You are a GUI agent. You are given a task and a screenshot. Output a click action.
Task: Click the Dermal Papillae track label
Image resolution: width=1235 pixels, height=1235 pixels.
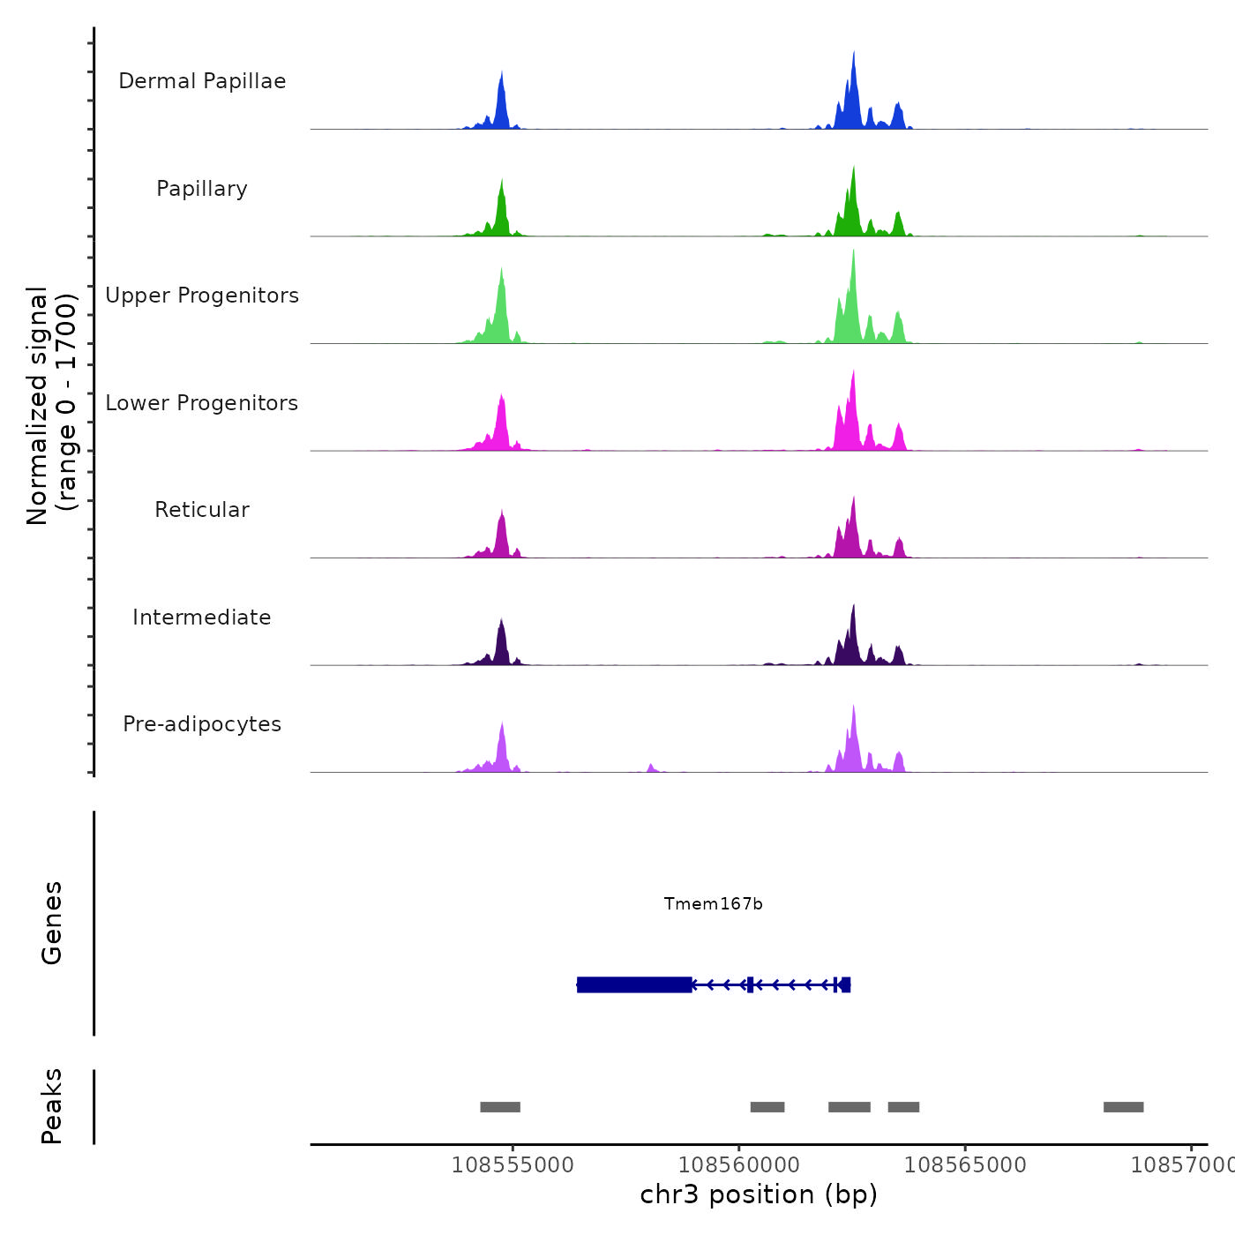pyautogui.click(x=202, y=81)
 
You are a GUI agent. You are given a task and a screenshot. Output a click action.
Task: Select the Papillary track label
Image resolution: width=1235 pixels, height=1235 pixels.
pyautogui.click(x=202, y=189)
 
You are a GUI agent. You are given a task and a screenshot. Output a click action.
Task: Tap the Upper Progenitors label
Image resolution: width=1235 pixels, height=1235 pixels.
pyautogui.click(x=202, y=296)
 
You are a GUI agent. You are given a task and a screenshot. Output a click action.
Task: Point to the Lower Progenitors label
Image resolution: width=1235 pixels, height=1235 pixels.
pyautogui.click(x=202, y=403)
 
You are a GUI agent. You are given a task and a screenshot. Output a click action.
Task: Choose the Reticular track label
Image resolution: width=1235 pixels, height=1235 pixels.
pyautogui.click(x=202, y=510)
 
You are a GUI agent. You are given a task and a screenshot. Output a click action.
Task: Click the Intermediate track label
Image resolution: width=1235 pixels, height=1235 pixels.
pyautogui.click(x=202, y=617)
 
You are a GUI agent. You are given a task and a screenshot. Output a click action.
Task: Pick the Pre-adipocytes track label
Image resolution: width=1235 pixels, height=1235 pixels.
pyautogui.click(x=202, y=724)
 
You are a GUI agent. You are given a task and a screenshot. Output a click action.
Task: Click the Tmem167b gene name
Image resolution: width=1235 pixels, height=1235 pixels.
pyautogui.click(x=713, y=904)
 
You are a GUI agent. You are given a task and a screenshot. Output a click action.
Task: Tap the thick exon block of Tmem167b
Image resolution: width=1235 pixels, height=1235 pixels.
pyautogui.click(x=634, y=984)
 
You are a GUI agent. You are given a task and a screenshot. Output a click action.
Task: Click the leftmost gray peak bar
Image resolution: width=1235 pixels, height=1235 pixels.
pyautogui.click(x=500, y=1107)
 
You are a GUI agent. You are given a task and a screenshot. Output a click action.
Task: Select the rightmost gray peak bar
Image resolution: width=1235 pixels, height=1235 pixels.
pyautogui.click(x=1123, y=1107)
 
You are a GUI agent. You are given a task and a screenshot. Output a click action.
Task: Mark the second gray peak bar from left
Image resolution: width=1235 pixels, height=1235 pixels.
pyautogui.click(x=767, y=1107)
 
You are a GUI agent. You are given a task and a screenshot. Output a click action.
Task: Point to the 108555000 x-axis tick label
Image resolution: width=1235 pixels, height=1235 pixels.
pyautogui.click(x=513, y=1165)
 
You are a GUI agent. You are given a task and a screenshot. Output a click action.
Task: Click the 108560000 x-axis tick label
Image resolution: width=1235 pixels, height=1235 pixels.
pyautogui.click(x=739, y=1165)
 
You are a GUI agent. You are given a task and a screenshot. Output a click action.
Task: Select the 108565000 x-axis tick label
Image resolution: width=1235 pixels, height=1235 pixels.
pyautogui.click(x=965, y=1165)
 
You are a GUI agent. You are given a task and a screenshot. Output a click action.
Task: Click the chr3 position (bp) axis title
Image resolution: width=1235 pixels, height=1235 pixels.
pyautogui.click(x=759, y=1194)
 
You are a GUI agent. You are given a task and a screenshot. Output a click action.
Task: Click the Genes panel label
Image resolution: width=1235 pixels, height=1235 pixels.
pyautogui.click(x=52, y=923)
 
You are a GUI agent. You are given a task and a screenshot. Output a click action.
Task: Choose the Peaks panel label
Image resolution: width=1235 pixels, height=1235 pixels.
pyautogui.click(x=52, y=1106)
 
